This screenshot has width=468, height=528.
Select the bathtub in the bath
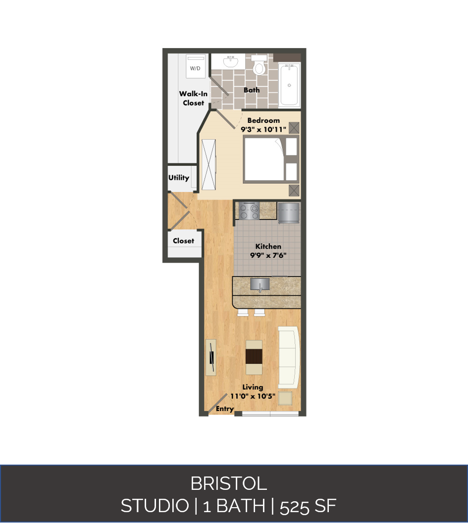(x=289, y=84)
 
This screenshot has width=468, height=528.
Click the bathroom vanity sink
(x=230, y=61)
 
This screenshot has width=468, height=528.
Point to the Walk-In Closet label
(x=193, y=98)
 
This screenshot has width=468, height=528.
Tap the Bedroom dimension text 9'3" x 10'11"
(x=263, y=130)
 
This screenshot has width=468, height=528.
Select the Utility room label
(x=179, y=178)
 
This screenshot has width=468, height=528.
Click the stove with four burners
(x=249, y=211)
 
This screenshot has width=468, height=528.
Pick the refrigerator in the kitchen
(x=289, y=212)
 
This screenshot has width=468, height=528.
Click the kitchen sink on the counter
(x=260, y=284)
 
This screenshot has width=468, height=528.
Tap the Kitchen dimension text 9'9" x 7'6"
(x=268, y=256)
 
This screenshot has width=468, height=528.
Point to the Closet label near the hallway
(x=183, y=241)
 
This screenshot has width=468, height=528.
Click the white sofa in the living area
(x=289, y=357)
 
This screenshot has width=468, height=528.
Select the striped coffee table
(x=254, y=357)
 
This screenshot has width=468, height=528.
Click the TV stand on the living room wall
(x=211, y=357)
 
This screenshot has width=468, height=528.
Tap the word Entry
(x=225, y=409)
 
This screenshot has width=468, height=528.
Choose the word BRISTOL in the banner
(x=228, y=483)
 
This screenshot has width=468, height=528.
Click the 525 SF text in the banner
(x=308, y=506)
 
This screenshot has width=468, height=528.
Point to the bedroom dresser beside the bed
(x=209, y=164)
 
